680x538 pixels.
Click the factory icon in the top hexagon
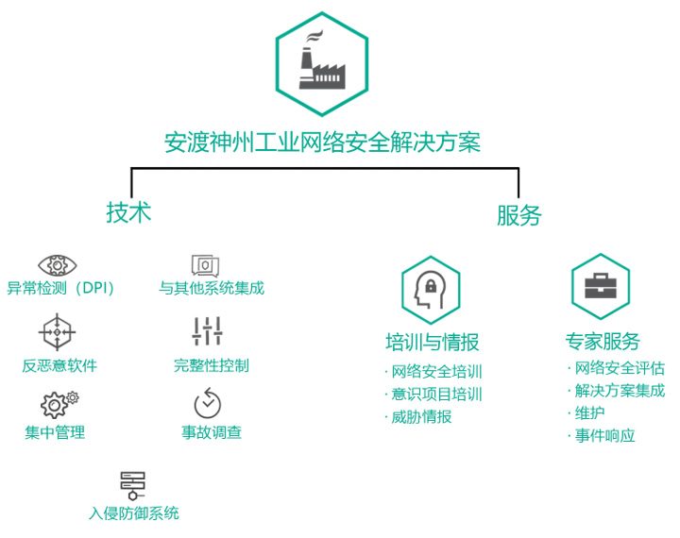(321, 63)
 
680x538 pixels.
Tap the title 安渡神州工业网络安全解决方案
(322, 143)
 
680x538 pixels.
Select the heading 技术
(128, 212)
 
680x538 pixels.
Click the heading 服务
(519, 215)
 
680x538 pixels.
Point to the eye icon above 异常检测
(57, 264)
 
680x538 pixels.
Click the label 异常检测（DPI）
(61, 289)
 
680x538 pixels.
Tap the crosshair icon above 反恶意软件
(57, 332)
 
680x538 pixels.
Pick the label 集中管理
(56, 432)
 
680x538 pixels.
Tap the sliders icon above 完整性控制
(207, 331)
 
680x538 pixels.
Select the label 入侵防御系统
(133, 513)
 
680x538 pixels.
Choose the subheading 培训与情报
(432, 342)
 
